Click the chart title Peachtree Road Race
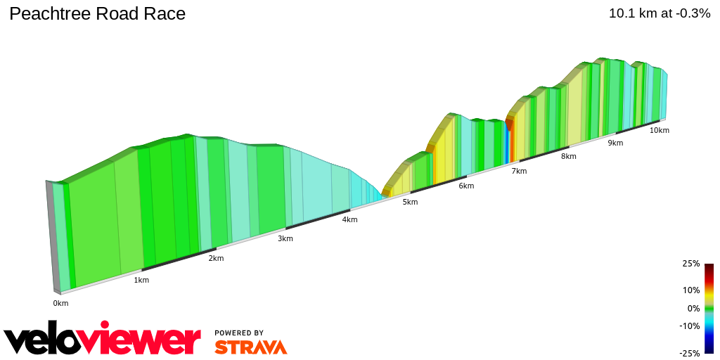click(x=98, y=13)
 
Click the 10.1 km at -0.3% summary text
click(x=660, y=13)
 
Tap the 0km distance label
click(x=60, y=303)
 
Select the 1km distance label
click(x=141, y=280)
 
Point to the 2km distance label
click(x=216, y=258)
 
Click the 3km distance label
click(x=285, y=238)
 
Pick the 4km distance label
click(x=349, y=219)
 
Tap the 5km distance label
click(x=410, y=202)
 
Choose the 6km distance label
click(x=466, y=186)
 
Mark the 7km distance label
click(x=519, y=171)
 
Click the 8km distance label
click(x=569, y=156)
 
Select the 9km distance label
click(x=615, y=143)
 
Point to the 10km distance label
click(x=659, y=130)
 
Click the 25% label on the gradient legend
click(x=691, y=264)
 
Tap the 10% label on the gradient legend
click(x=691, y=290)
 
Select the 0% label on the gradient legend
click(x=693, y=308)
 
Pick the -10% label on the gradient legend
click(x=690, y=326)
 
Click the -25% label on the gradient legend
click(x=690, y=353)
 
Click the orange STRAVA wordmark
click(x=250, y=347)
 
